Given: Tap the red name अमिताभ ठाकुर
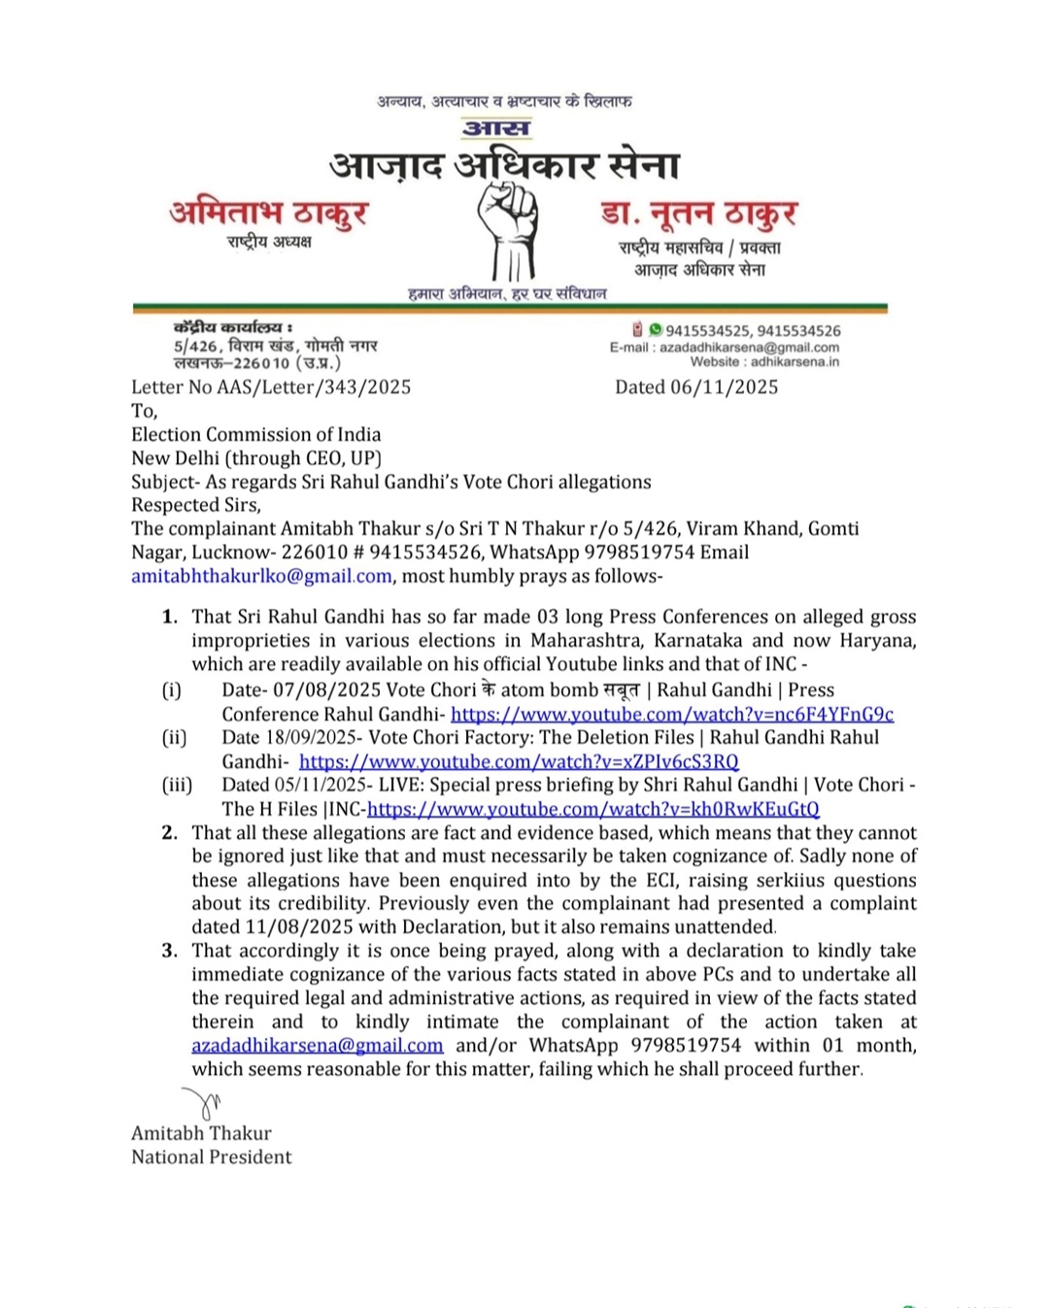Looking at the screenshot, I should (x=269, y=212).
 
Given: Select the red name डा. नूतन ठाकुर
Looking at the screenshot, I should (x=699, y=213).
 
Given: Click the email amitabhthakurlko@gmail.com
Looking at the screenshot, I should (x=261, y=576).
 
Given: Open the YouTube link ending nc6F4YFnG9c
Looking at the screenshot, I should (x=672, y=714).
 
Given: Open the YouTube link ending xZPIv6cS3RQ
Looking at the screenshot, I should (x=519, y=761).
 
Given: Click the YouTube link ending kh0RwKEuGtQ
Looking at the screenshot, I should (x=592, y=809).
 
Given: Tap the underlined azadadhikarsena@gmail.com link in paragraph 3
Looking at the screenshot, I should (x=318, y=1045).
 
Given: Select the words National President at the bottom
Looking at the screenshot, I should (x=212, y=1157).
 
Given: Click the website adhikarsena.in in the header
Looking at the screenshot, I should (x=795, y=361).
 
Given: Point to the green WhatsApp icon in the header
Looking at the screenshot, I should (x=655, y=330).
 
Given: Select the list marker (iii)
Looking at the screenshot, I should (x=177, y=785).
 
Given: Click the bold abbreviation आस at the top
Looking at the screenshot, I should (x=496, y=127).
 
